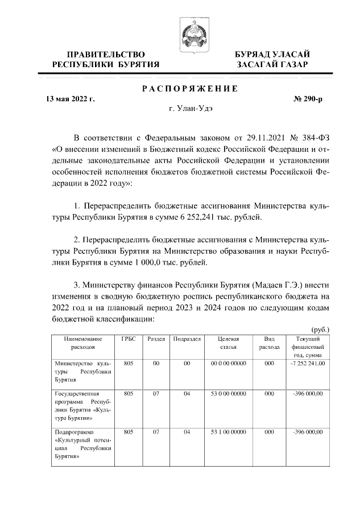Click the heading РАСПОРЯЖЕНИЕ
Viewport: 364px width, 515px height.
click(x=189, y=89)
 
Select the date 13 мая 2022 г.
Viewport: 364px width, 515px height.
click(x=70, y=99)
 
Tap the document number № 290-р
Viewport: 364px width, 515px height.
click(x=308, y=99)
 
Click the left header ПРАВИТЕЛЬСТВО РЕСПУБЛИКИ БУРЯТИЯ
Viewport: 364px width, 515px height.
click(x=106, y=59)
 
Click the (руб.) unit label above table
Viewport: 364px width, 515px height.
click(x=320, y=329)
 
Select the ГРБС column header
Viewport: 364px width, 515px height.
click(x=129, y=339)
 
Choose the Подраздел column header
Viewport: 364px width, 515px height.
click(x=187, y=339)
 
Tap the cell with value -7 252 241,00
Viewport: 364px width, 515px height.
click(x=308, y=363)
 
